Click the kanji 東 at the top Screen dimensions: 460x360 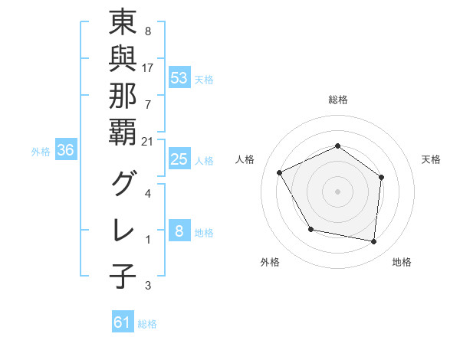coord(123,24)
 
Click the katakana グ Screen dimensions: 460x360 coord(123,185)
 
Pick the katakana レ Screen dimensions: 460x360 coord(123,229)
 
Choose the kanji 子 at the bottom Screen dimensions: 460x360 coord(123,276)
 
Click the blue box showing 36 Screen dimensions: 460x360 coord(65,150)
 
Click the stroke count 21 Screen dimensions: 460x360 coord(149,142)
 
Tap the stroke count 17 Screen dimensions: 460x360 coord(148,67)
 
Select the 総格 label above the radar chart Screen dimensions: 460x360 coord(338,100)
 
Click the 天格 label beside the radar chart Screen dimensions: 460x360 coord(432,159)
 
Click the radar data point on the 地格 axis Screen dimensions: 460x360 coord(374,242)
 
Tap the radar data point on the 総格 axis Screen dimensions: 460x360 coord(338,146)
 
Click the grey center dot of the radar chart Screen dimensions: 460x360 coord(338,191)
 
